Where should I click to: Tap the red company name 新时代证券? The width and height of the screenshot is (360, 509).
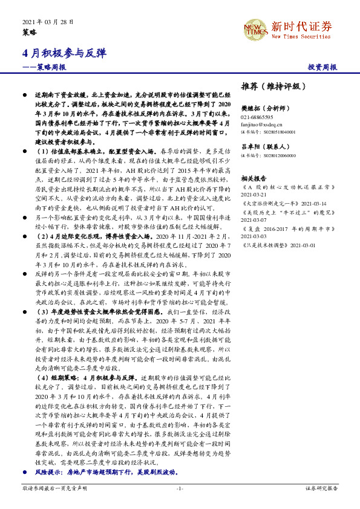[x=301, y=26]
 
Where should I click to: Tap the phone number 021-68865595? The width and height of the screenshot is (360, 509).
[x=257, y=117]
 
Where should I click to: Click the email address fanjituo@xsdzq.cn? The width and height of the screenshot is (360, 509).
[x=261, y=124]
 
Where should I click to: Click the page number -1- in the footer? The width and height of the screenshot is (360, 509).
[x=180, y=487]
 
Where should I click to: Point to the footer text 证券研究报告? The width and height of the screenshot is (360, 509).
[x=321, y=487]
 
